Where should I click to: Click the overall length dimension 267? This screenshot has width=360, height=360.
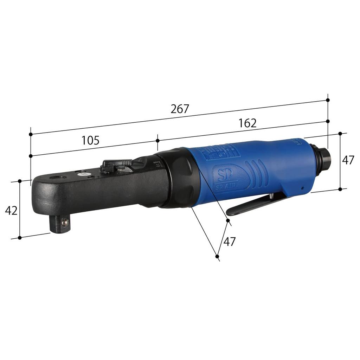(180, 109)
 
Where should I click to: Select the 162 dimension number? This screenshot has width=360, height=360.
(247, 123)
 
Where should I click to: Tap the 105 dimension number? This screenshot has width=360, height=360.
(90, 140)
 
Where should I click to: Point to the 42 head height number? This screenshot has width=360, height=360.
(11, 211)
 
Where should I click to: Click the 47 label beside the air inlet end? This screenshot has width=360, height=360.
(348, 160)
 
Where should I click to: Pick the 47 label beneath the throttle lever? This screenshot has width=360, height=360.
(229, 242)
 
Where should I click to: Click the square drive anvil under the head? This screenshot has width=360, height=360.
(58, 225)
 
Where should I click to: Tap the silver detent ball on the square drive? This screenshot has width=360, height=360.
(64, 222)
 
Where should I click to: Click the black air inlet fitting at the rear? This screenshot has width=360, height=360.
(322, 159)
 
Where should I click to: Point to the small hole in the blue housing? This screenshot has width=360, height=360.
(302, 188)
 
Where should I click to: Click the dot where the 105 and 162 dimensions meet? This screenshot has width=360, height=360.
(157, 140)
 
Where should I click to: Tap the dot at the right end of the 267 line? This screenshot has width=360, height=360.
(328, 100)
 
